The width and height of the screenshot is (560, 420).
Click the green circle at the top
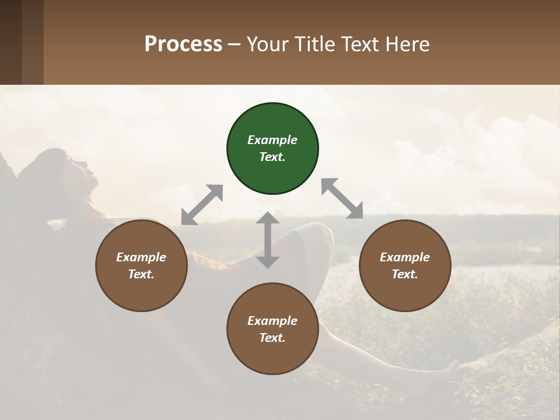(272, 149)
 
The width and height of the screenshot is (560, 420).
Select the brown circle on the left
(141, 266)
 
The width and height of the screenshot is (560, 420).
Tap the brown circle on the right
(405, 266)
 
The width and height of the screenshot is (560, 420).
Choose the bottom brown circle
(272, 329)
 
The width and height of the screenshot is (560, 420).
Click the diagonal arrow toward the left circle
(202, 205)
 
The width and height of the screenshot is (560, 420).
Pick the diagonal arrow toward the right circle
(342, 198)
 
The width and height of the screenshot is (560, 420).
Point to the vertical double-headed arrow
(268, 240)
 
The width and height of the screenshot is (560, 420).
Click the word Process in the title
(183, 44)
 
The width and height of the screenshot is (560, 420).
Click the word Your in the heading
(268, 44)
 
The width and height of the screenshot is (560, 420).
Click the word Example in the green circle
(272, 140)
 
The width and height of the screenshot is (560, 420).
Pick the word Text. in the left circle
(141, 274)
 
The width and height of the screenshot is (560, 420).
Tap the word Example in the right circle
(405, 257)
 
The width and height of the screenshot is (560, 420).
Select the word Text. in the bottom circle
(272, 338)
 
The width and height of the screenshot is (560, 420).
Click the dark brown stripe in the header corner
(10, 42)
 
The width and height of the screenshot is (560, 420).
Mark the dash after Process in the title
(235, 44)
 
